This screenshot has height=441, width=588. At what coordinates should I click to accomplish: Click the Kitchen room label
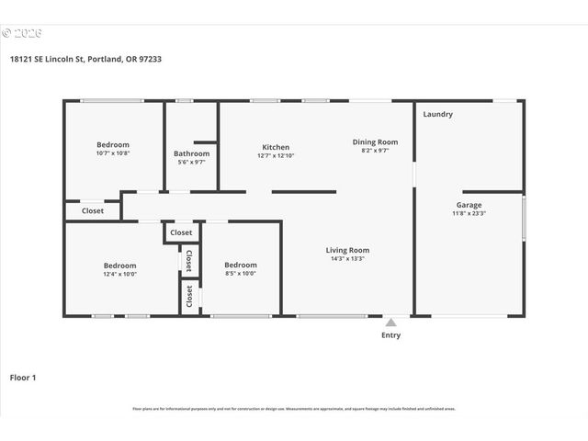click(276, 147)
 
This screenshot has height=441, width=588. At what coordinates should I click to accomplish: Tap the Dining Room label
click(375, 141)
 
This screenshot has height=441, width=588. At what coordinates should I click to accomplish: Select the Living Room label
click(347, 250)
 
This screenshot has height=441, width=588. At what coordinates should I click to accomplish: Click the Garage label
click(469, 205)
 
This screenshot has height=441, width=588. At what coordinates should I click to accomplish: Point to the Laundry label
click(437, 114)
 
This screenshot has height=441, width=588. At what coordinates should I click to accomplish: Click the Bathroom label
click(191, 153)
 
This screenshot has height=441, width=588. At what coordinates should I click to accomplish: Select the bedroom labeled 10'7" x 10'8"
click(113, 153)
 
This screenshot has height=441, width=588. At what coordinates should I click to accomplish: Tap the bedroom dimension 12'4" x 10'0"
click(119, 274)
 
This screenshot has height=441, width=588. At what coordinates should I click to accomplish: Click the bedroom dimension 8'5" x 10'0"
click(241, 274)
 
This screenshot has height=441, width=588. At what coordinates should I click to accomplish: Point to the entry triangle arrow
click(390, 322)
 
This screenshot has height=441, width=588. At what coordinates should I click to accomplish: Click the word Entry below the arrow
click(390, 335)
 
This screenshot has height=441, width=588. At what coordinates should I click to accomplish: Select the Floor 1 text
click(24, 377)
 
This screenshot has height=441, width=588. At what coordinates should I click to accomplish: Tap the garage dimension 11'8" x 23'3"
click(469, 213)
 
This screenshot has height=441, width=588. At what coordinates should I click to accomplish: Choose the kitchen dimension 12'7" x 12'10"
click(276, 156)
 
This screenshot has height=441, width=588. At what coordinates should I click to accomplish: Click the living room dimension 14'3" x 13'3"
click(347, 259)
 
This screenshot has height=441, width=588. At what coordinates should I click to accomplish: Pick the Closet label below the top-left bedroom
click(93, 210)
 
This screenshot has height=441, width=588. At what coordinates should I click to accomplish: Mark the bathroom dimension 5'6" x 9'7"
click(191, 163)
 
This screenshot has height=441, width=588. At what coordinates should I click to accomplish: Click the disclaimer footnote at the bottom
click(294, 409)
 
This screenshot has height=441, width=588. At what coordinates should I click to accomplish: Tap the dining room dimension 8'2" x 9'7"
click(375, 151)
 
